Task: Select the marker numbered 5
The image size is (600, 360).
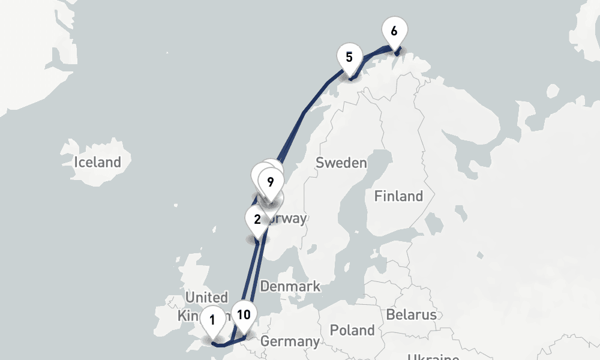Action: (x=349, y=58)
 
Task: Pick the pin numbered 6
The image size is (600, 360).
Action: (x=394, y=31)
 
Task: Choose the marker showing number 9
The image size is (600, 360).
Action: (x=271, y=182)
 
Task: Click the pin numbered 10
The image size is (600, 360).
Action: (x=244, y=315)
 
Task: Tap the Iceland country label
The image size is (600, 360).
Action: (x=97, y=162)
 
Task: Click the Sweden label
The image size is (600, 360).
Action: (x=341, y=163)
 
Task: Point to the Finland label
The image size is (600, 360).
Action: (x=398, y=196)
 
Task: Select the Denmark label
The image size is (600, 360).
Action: (x=290, y=286)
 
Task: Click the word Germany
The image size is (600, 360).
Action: (x=290, y=342)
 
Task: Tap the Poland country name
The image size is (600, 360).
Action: (x=352, y=330)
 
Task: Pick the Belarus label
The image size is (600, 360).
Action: (x=411, y=314)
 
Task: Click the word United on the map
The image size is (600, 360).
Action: (x=206, y=298)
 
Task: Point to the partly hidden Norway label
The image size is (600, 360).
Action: (x=292, y=218)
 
